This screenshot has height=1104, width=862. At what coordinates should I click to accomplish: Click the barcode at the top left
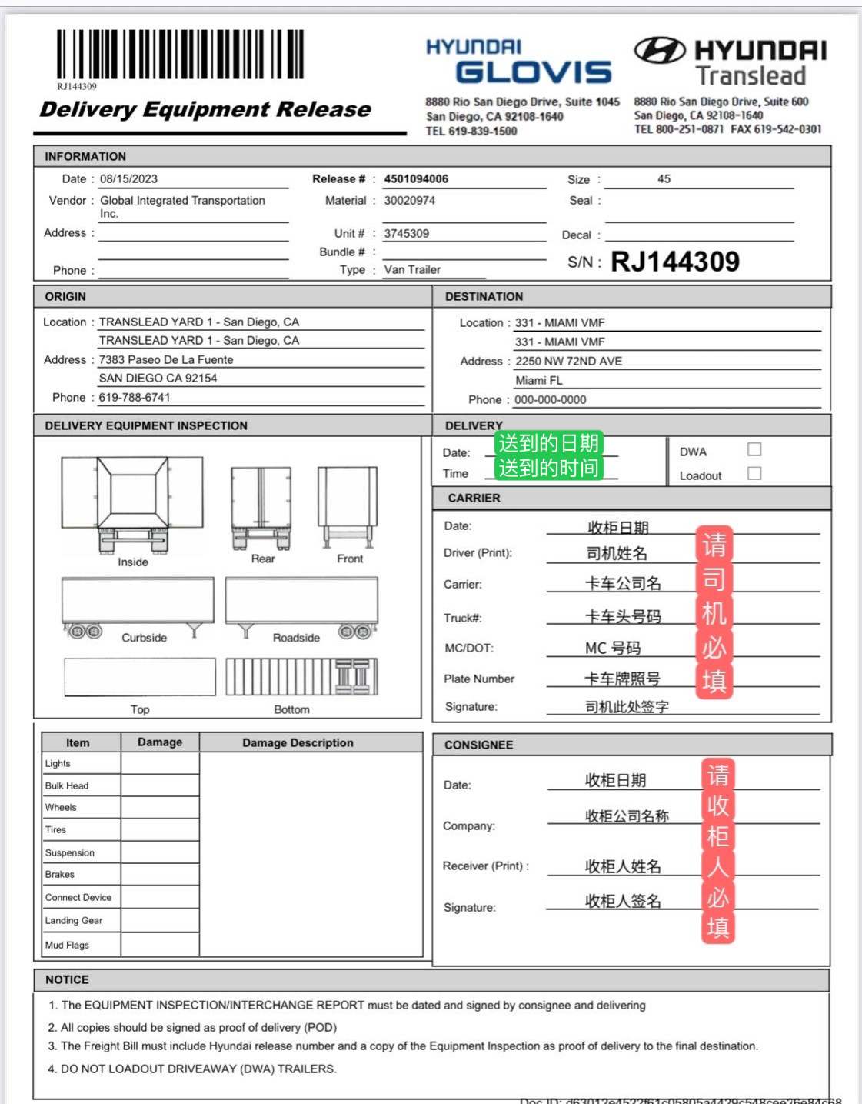tap(180, 55)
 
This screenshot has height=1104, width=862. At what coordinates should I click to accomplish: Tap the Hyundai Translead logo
tap(730, 62)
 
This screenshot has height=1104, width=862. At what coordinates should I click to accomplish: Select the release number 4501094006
tap(416, 179)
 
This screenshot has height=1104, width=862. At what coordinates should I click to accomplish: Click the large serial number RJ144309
tap(674, 262)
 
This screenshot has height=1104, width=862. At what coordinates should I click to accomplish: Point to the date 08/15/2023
tap(128, 179)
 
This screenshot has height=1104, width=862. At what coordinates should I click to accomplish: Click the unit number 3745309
tap(407, 233)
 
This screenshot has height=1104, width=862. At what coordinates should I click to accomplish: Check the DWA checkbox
tap(754, 449)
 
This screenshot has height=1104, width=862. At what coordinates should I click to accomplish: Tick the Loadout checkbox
tap(754, 473)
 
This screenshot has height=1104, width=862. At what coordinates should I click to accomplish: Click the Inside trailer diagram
tap(132, 505)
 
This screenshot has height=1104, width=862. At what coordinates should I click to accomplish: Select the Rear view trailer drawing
tap(261, 508)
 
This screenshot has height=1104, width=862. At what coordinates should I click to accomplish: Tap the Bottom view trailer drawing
tap(301, 677)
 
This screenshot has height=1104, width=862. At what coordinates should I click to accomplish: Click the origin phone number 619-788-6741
tap(135, 398)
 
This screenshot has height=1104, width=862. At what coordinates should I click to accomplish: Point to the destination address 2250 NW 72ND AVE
tap(568, 361)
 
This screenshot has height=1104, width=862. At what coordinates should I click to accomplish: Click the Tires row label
tap(56, 830)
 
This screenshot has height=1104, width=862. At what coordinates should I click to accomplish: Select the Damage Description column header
tap(298, 743)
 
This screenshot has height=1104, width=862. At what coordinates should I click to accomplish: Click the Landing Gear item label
tap(74, 921)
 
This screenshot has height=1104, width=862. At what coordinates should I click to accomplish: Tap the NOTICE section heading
tap(67, 980)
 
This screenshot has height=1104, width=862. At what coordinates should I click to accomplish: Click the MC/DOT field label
tap(469, 649)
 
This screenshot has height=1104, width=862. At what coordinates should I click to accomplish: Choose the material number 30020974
tap(410, 201)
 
